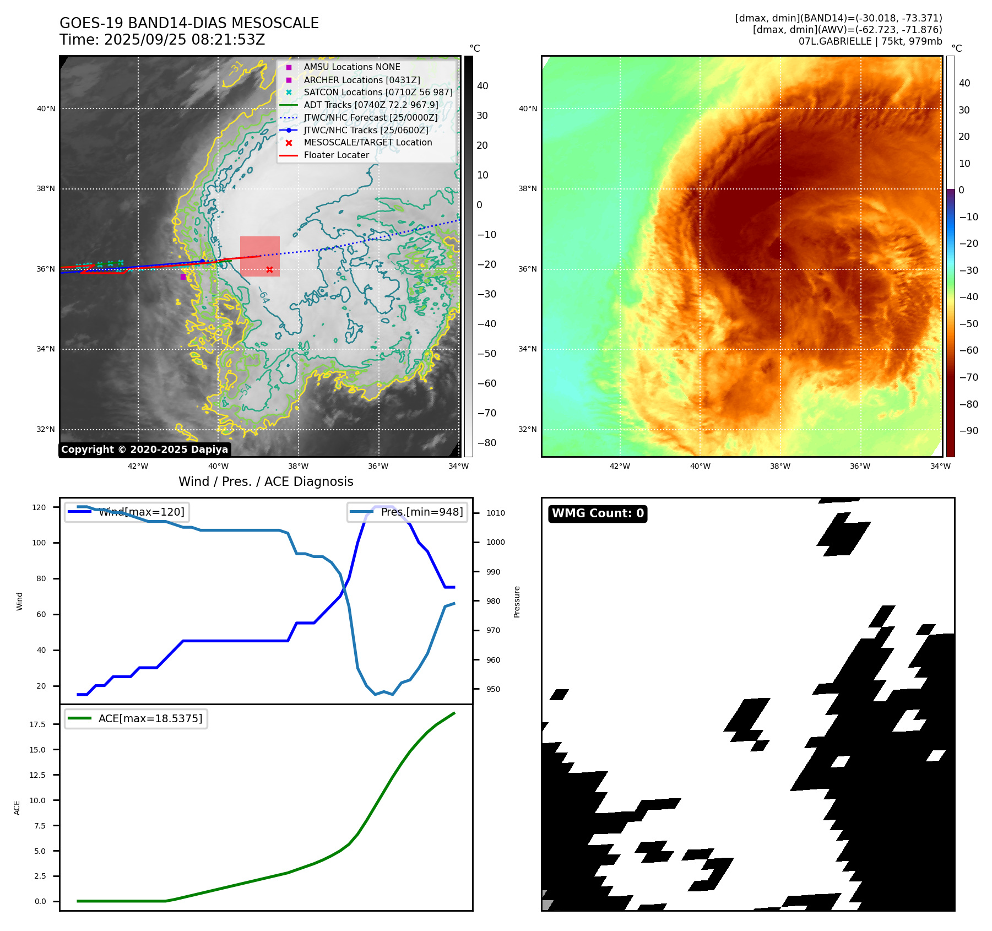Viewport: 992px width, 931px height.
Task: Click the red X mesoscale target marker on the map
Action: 269,269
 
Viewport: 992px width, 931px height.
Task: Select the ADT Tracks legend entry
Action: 371,105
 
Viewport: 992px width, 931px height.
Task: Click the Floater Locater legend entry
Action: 336,155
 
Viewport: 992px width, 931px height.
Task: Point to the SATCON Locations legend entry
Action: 378,92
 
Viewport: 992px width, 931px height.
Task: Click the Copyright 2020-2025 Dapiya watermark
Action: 144,450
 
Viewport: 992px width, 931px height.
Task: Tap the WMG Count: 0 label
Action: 598,513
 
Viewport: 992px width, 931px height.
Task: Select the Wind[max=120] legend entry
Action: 141,512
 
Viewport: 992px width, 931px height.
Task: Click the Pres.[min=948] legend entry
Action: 421,512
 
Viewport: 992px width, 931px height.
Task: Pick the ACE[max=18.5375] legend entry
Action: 150,718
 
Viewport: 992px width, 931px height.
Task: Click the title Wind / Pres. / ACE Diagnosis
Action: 265,481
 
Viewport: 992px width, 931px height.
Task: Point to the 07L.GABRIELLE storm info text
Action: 870,41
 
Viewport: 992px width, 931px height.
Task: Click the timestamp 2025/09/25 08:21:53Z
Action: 184,40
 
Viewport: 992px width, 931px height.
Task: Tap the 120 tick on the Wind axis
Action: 39,507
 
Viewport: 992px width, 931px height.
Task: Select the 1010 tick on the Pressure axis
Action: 495,513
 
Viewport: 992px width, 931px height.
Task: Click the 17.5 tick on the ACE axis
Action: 37,724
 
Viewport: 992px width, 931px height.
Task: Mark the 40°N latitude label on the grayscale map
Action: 46,109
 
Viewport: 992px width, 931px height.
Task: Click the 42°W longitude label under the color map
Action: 620,466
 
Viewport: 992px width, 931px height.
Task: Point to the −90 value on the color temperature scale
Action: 968,431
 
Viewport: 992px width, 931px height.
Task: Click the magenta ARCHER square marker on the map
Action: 183,277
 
